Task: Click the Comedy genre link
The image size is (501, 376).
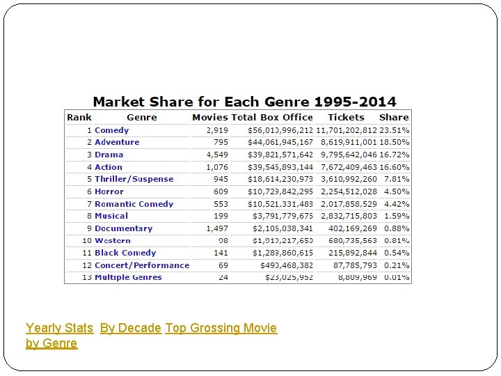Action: (112, 130)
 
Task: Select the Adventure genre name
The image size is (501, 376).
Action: (117, 142)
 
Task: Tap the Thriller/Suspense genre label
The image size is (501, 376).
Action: (134, 179)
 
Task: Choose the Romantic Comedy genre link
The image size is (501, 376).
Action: (134, 204)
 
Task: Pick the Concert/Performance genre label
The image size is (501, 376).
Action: (142, 265)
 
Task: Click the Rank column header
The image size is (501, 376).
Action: (79, 118)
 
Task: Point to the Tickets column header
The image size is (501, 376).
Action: (346, 118)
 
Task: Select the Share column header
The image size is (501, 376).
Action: (394, 118)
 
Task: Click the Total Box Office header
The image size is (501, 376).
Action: (272, 118)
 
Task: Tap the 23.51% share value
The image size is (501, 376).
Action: (395, 130)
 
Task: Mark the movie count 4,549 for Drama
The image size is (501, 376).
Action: (217, 155)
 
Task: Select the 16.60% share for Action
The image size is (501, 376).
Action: (395, 167)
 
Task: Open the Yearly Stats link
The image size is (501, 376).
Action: (59, 328)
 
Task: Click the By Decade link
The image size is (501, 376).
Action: (131, 328)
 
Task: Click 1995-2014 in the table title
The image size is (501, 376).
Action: (356, 102)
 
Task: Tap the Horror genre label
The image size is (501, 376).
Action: (109, 191)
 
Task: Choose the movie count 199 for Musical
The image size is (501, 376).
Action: (221, 216)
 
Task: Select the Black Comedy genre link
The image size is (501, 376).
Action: (125, 253)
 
